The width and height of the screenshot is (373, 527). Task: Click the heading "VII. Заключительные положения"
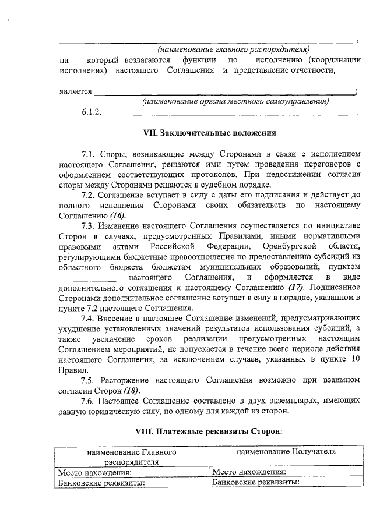[209, 132]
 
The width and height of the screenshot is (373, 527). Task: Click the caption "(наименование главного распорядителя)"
[233, 49]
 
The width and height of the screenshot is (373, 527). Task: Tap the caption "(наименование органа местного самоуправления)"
[235, 102]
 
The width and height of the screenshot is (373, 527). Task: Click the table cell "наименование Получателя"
[286, 451]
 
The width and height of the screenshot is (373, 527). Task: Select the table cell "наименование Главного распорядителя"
[132, 456]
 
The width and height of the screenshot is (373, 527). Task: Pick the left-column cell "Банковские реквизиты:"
[99, 482]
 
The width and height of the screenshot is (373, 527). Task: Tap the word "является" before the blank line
[76, 91]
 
